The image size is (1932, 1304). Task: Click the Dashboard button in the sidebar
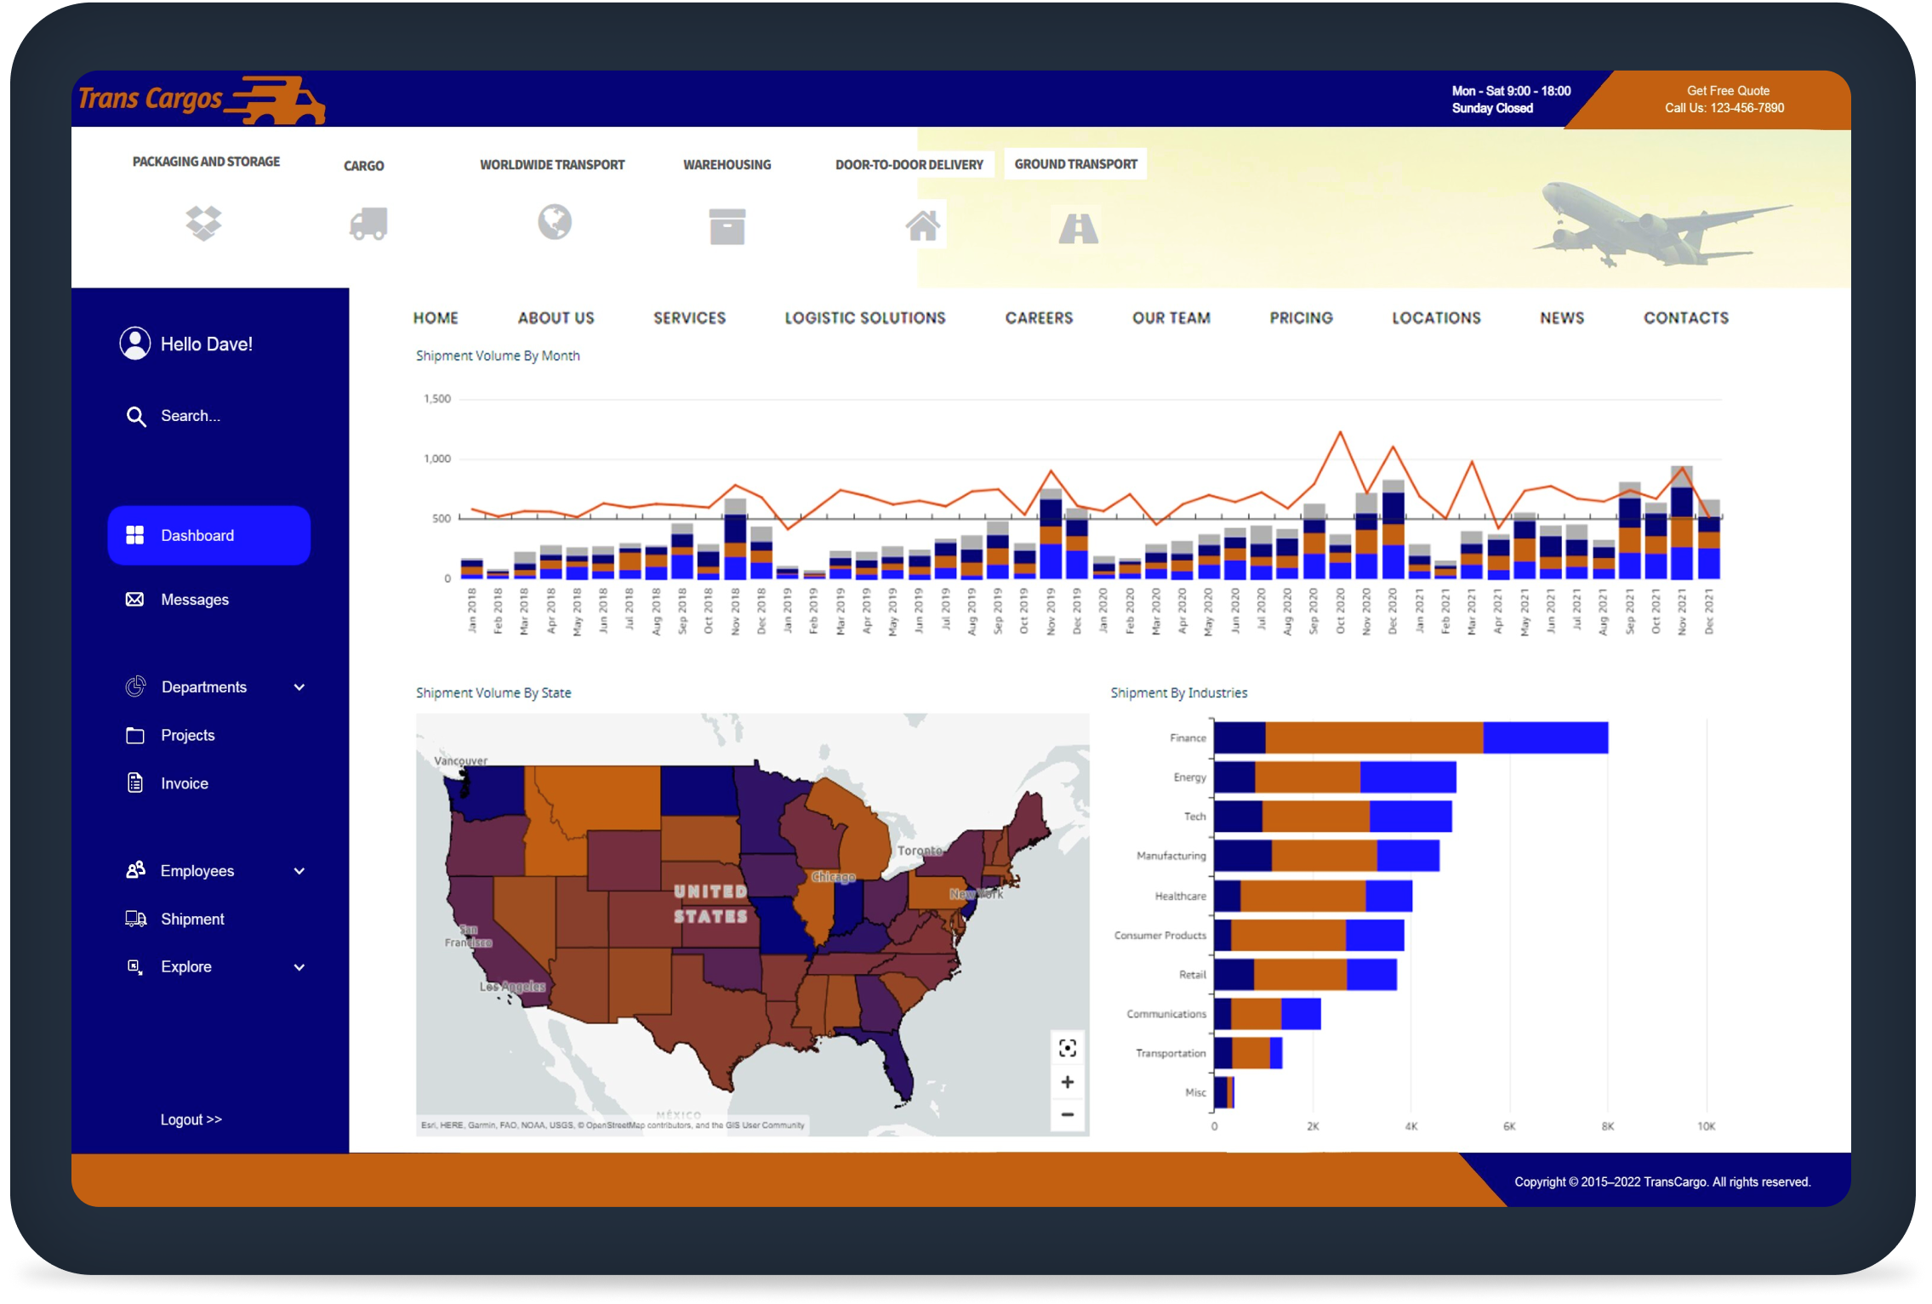click(x=208, y=535)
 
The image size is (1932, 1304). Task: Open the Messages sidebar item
click(x=194, y=600)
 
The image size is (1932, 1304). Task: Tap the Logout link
click(x=191, y=1119)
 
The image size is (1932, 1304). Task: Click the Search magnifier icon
click(x=135, y=416)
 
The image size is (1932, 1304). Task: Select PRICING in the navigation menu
click(x=1301, y=318)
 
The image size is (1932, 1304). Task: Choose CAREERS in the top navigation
click(x=1039, y=318)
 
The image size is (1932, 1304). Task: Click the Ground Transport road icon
click(x=1078, y=227)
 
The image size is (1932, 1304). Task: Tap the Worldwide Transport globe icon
click(x=555, y=223)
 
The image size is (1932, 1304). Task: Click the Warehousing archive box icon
click(x=727, y=226)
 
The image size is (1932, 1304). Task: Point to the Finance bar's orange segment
click(x=1373, y=737)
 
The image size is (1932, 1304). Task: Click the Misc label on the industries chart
click(x=1195, y=1092)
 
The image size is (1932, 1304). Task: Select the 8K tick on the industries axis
click(x=1607, y=1126)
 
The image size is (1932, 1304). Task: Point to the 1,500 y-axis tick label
click(x=437, y=399)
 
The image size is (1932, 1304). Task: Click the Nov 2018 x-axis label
click(x=735, y=611)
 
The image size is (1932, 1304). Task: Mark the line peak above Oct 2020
click(x=1340, y=432)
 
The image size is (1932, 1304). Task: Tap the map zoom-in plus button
click(x=1068, y=1082)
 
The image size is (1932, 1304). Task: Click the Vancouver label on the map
click(x=460, y=760)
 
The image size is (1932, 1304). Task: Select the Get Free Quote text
click(x=1728, y=91)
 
